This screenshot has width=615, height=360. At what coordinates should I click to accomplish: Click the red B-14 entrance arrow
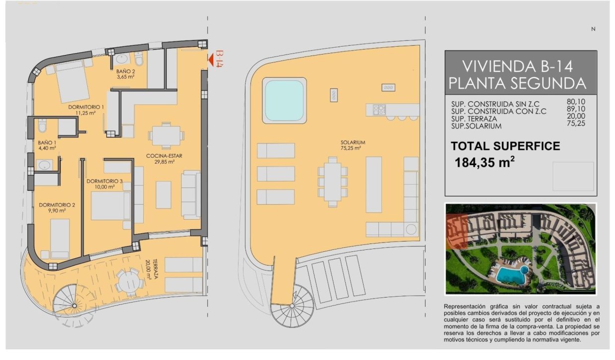[x=211, y=60]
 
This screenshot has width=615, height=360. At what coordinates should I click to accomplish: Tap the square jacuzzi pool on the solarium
[x=285, y=101]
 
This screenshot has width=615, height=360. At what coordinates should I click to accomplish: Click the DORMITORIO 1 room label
[x=86, y=110]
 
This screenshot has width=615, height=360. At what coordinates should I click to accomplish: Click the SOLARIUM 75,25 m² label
[x=353, y=145]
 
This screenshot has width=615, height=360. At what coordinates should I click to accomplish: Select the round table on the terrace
[x=129, y=282]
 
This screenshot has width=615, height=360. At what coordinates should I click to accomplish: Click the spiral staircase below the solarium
[x=292, y=305]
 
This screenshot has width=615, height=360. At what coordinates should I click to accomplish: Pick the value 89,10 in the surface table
[x=576, y=109]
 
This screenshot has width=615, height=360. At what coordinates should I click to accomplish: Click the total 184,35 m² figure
[x=485, y=162]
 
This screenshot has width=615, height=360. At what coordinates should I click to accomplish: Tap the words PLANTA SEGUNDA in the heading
[x=517, y=83]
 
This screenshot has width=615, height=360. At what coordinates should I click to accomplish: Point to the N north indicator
[x=593, y=29]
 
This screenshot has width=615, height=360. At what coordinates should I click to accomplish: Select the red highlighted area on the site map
[x=457, y=232]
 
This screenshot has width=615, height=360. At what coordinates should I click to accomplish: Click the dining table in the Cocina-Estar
[x=166, y=136]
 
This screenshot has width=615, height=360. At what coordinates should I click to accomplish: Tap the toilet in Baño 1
[x=42, y=125]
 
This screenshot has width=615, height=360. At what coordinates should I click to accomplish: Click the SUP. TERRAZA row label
[x=474, y=119]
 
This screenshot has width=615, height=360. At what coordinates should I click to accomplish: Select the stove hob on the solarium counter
[x=379, y=110]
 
